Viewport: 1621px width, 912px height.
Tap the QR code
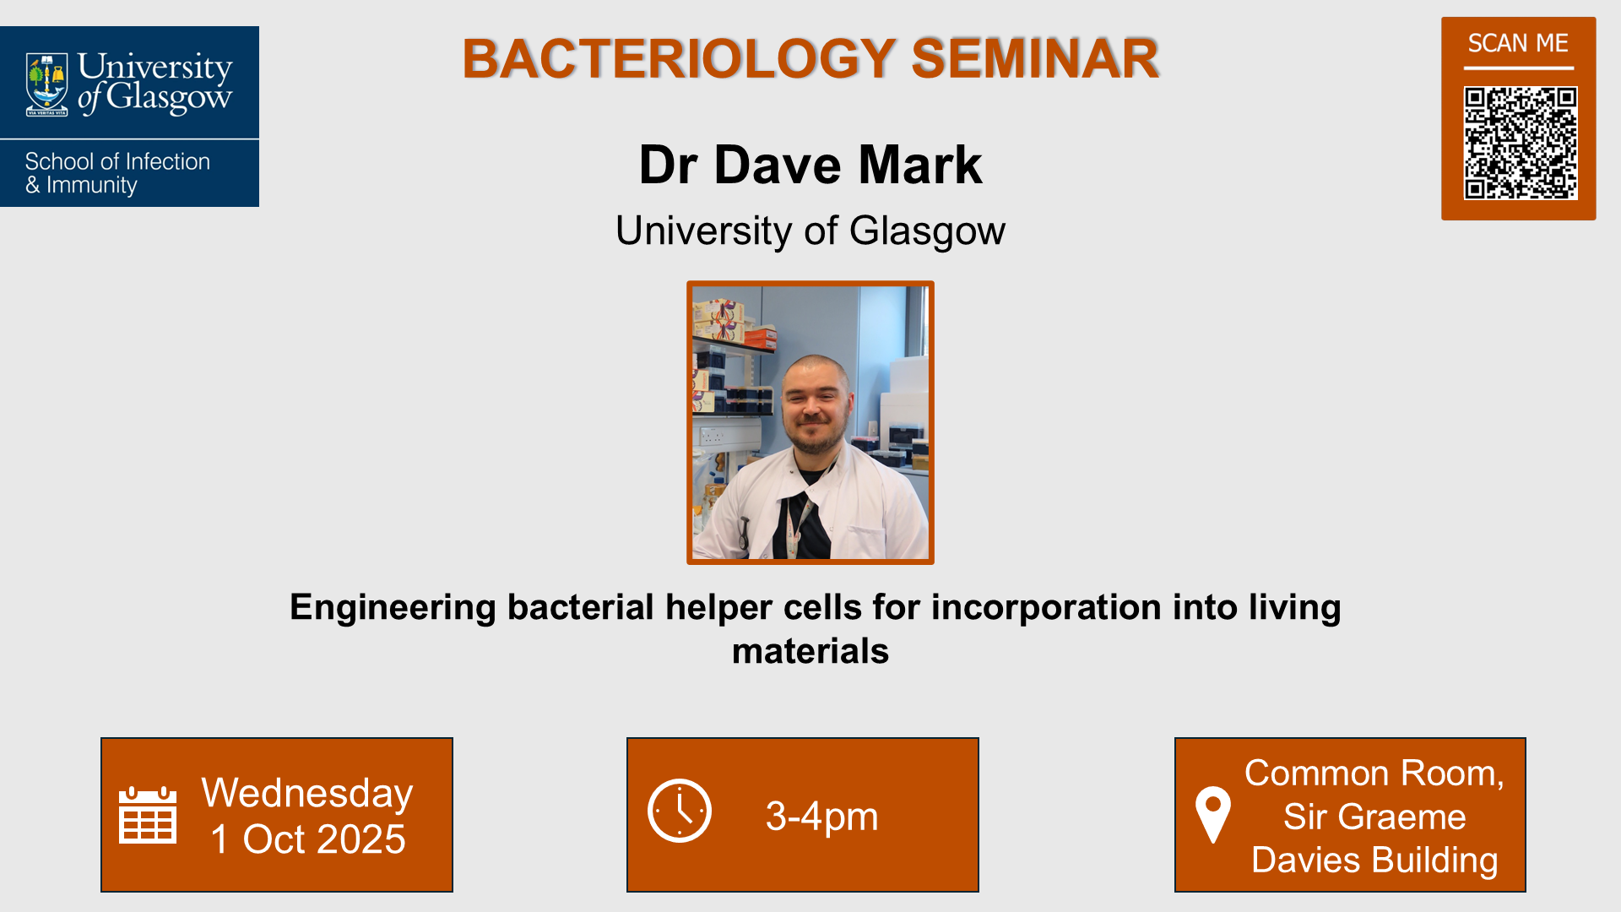[x=1520, y=143]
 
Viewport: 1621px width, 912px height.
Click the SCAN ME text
[x=1517, y=43]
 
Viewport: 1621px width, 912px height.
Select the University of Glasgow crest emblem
[x=46, y=84]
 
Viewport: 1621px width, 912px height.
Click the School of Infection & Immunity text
[x=117, y=173]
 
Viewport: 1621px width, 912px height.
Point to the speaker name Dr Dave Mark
[x=810, y=165]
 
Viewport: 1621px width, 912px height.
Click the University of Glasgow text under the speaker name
[x=810, y=231]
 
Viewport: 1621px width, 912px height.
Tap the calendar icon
[x=148, y=815]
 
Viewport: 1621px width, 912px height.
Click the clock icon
[x=680, y=811]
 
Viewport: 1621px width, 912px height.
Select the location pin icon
[x=1213, y=814]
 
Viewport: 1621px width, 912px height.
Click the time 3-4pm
[x=821, y=817]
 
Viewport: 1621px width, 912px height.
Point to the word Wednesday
[x=307, y=793]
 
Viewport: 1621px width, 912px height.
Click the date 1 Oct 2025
[x=307, y=839]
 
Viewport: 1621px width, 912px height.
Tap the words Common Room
[x=1374, y=774]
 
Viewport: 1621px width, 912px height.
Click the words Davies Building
[x=1374, y=860]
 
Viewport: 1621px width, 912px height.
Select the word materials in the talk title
[x=810, y=651]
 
